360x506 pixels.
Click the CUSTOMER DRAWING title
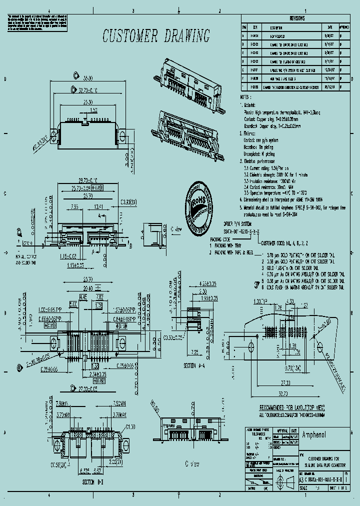pyautogui.click(x=156, y=36)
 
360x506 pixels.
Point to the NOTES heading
pyautogui.click(x=244, y=97)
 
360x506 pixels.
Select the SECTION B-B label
pyautogui.click(x=93, y=483)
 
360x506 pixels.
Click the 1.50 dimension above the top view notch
pyautogui.click(x=93, y=109)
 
